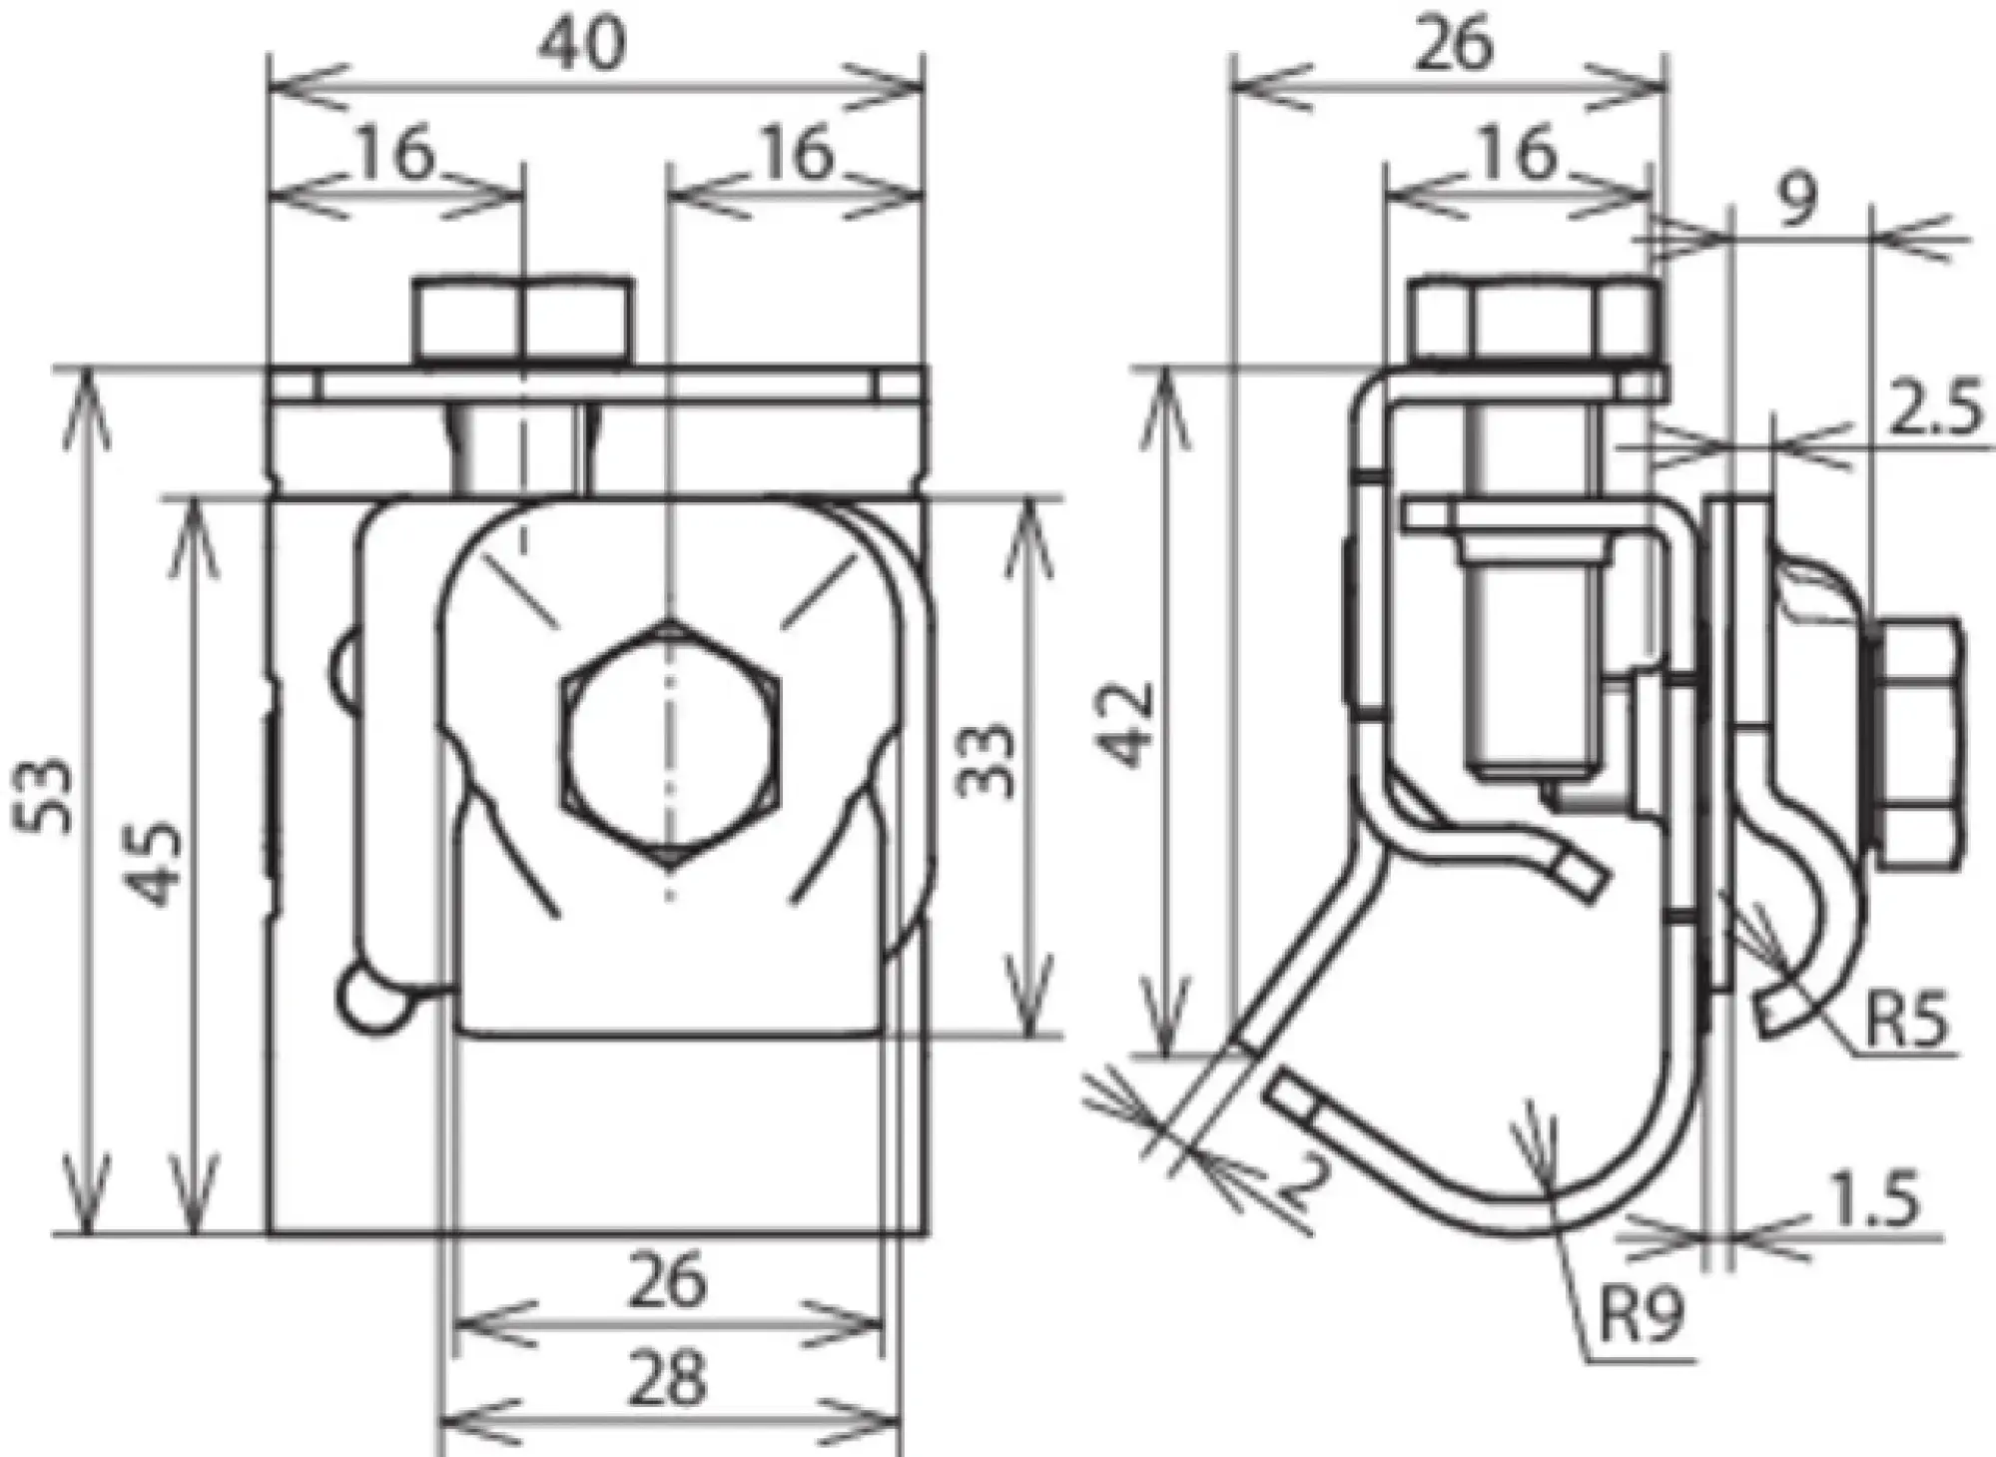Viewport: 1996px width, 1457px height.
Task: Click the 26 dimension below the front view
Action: click(x=668, y=1281)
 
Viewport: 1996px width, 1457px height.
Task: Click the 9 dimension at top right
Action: click(x=1796, y=205)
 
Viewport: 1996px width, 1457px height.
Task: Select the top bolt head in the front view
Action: click(x=523, y=320)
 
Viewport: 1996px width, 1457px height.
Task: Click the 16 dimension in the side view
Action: click(x=1519, y=155)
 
